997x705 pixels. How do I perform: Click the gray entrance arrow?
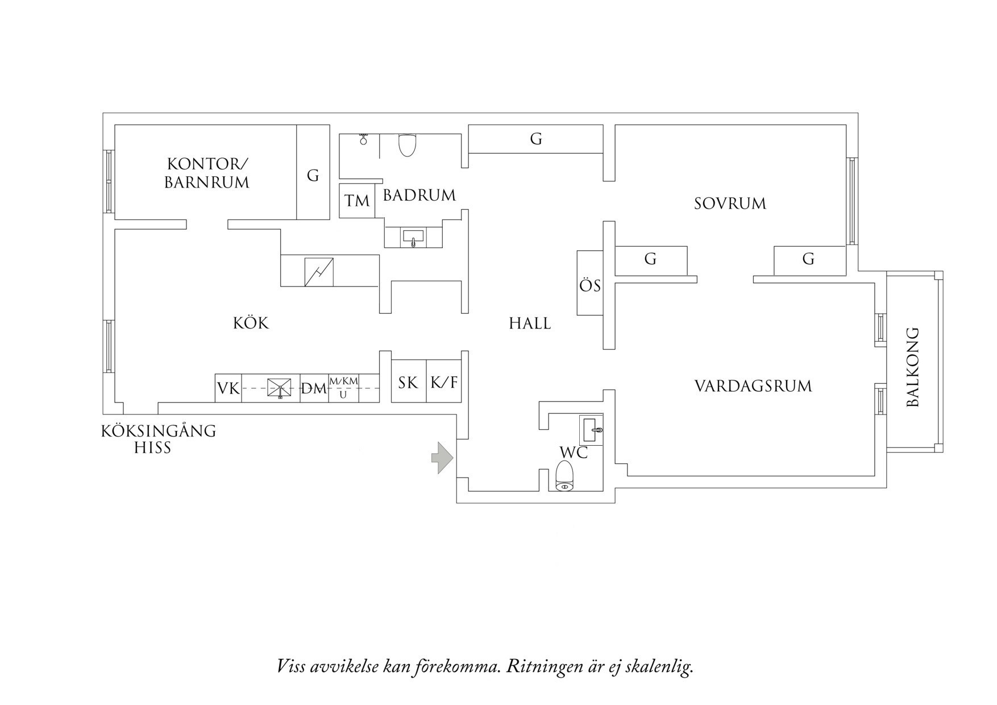coord(442,457)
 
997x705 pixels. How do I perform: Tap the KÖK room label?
coord(251,324)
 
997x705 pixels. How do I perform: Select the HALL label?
coord(530,324)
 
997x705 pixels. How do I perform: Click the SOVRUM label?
coord(730,204)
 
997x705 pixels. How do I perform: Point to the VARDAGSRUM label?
coord(753,387)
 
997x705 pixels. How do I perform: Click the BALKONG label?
coord(912,367)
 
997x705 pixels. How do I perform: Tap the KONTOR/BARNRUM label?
coord(207,173)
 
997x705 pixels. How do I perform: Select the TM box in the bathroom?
coord(357,201)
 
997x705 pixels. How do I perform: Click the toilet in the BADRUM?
coord(407,145)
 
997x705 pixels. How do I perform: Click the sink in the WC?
coord(591,429)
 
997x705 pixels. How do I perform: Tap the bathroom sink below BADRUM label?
coord(413,237)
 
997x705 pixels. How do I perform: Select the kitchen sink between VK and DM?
coord(280,388)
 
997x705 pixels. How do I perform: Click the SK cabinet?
coord(408,383)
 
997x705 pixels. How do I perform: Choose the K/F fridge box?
coord(443,383)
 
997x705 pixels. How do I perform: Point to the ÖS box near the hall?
coord(590,285)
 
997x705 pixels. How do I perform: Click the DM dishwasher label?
coord(314,389)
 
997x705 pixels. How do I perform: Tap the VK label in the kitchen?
coord(229,389)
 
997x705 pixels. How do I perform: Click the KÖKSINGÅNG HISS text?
coord(159,439)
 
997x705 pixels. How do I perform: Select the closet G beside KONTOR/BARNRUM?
coord(313,176)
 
